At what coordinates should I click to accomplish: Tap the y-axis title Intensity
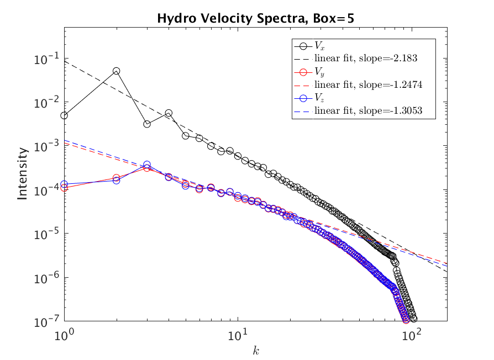[23, 173]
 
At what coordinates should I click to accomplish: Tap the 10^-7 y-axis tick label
[50, 321]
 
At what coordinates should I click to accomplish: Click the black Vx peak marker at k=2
[117, 71]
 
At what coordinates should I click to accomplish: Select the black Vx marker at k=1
[65, 115]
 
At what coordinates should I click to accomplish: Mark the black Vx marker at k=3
[147, 124]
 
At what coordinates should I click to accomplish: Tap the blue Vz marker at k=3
[147, 165]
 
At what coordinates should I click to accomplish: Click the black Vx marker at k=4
[169, 113]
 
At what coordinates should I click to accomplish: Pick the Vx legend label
[319, 46]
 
